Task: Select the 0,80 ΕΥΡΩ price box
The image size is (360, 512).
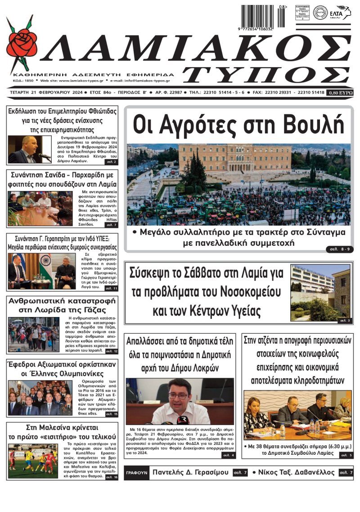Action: (x=341, y=92)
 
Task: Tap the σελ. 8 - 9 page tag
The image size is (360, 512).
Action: (x=338, y=249)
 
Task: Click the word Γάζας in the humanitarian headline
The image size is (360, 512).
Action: (x=93, y=310)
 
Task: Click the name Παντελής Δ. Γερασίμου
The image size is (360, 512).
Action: (x=191, y=472)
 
